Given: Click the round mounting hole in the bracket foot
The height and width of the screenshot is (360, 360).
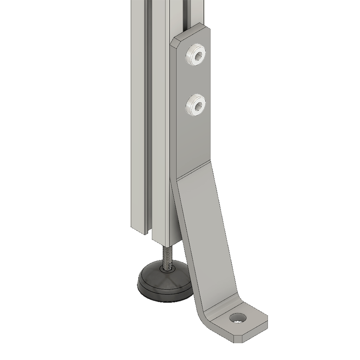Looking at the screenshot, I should coord(238,318).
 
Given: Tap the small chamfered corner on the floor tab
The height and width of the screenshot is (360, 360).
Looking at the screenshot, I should coord(237,339).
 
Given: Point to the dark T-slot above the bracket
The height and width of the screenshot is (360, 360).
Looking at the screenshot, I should coord(186,14).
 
